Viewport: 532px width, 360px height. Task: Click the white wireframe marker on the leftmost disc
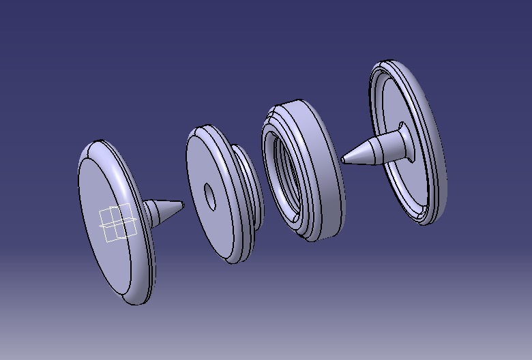pos(117,224)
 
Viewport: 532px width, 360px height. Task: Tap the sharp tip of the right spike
pos(342,160)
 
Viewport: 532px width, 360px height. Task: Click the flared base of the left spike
pos(149,214)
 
